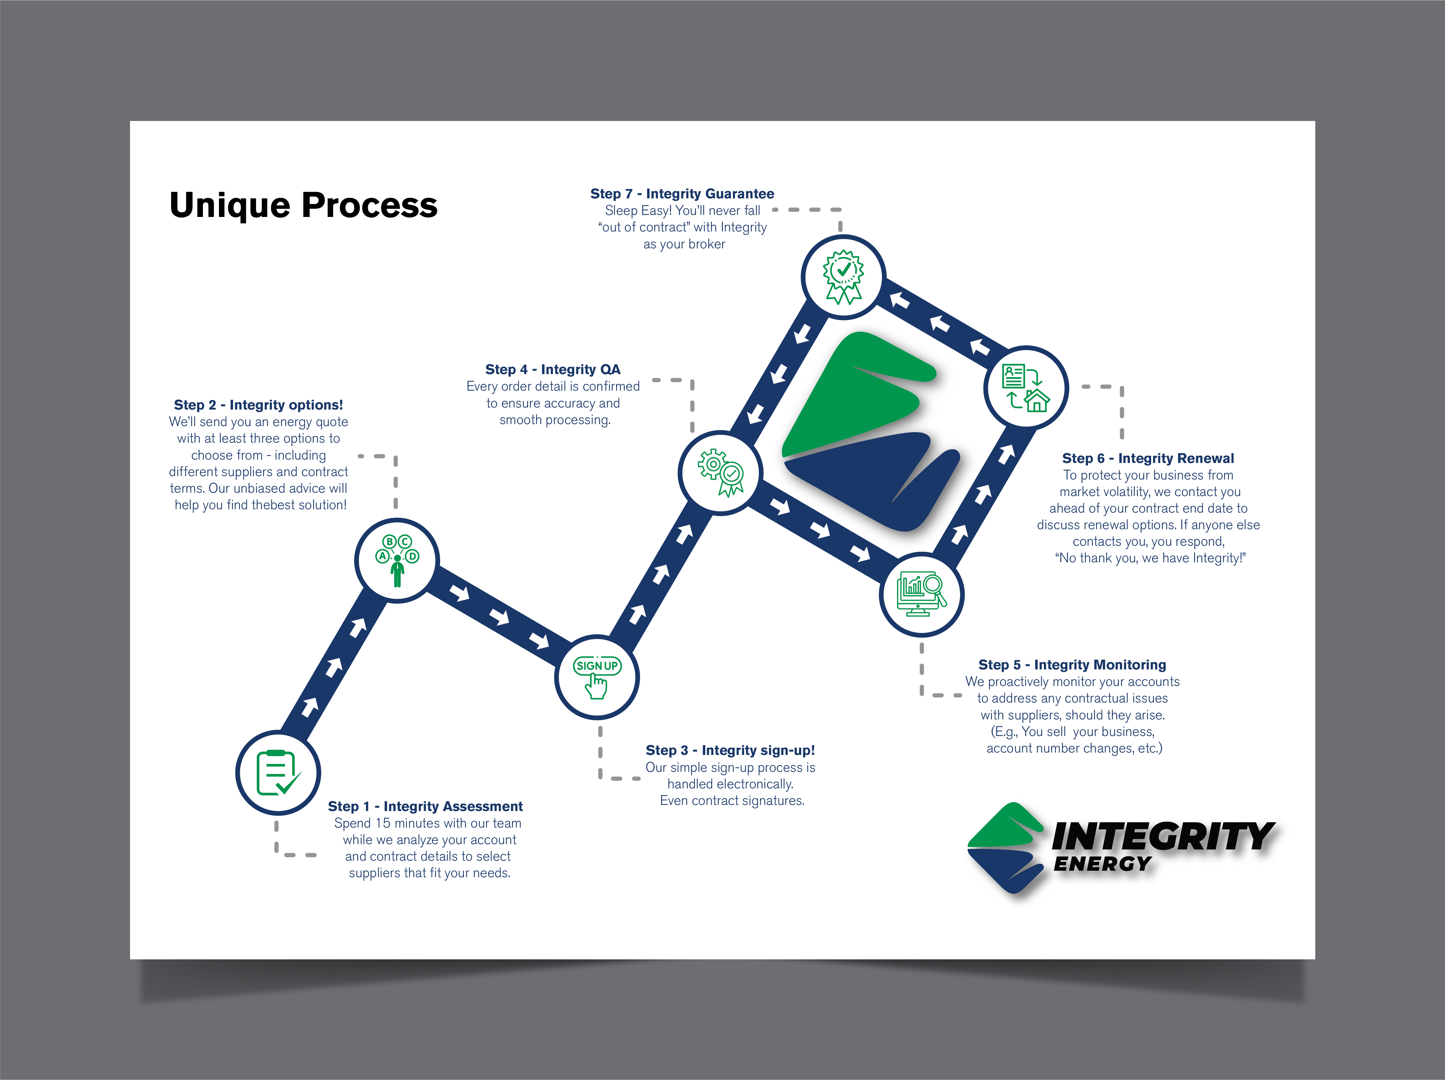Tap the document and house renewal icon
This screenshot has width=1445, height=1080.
click(1025, 388)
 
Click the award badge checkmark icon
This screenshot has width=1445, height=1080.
click(843, 277)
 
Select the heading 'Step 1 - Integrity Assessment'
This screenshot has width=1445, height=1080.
click(425, 806)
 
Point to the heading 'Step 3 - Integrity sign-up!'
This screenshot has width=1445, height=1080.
click(730, 750)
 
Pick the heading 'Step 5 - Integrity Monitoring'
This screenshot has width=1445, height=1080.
click(1072, 664)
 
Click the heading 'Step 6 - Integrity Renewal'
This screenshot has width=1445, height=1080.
click(1148, 458)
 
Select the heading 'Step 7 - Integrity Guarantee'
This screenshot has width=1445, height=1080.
click(682, 193)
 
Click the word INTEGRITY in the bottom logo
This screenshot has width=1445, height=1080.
click(1163, 837)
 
